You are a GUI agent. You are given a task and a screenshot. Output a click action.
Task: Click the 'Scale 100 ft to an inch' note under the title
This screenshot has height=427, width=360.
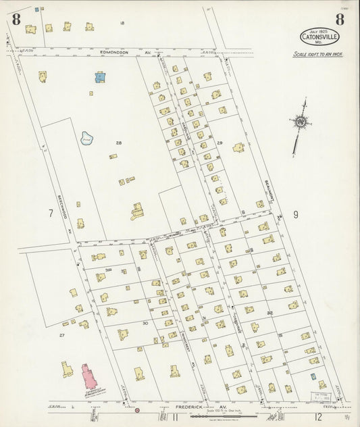[317, 54]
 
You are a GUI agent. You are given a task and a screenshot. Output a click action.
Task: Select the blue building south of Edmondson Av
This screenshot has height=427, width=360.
[100, 77]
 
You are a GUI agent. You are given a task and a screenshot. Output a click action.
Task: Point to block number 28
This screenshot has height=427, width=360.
[119, 143]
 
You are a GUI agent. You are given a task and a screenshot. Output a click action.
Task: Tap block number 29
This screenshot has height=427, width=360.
[220, 143]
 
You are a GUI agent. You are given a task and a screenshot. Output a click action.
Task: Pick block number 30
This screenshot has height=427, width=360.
[145, 324]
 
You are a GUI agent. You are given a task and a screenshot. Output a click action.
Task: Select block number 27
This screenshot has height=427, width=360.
[61, 335]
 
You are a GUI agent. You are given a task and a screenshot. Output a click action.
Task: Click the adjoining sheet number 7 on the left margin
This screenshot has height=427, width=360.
[50, 214]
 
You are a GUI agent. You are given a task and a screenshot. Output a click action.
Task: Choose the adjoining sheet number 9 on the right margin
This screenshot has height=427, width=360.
[295, 215]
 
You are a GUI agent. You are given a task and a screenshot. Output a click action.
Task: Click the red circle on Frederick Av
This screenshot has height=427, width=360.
[137, 410]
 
